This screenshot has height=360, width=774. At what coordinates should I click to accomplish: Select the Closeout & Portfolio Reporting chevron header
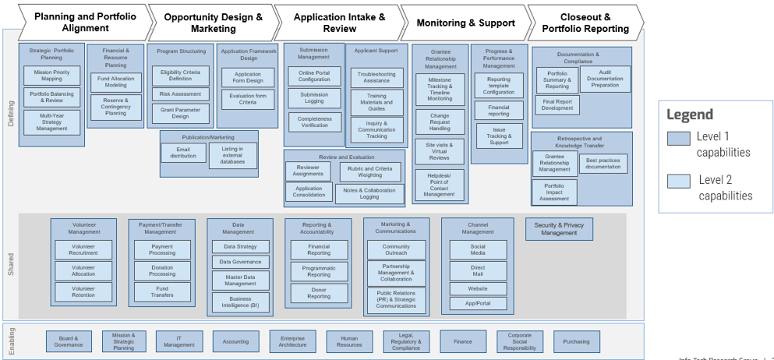tap(585, 23)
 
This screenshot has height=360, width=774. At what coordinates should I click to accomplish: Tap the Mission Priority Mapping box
tap(52, 76)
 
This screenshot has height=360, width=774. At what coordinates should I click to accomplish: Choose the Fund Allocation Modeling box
tap(115, 83)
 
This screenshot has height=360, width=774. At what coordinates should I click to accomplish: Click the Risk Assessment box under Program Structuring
tap(180, 94)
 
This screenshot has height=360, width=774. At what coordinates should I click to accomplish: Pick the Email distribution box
tap(183, 153)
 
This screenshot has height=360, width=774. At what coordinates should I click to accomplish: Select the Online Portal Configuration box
tap(314, 76)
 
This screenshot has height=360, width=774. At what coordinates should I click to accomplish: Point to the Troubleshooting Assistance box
tap(376, 78)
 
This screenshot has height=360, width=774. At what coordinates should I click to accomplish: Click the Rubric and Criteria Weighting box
tap(369, 171)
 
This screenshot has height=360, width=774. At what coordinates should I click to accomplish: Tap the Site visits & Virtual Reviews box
tap(440, 151)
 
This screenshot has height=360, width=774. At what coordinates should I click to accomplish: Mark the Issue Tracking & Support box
tap(499, 136)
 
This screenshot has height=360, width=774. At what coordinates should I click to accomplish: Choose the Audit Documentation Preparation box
tap(605, 79)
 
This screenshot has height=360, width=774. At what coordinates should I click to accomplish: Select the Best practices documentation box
tap(603, 163)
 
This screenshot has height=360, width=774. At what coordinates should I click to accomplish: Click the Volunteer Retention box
tap(83, 291)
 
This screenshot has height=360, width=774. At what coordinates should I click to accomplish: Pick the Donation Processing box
tap(162, 270)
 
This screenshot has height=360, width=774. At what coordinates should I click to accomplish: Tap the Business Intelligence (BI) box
tap(240, 302)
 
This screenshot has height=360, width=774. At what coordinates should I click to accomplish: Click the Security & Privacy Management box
tap(559, 229)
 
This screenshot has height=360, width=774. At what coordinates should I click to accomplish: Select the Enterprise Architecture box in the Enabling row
tap(292, 341)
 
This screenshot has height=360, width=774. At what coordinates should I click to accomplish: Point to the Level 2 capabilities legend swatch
tap(678, 182)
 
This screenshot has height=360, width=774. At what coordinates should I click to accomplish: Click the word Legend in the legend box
tap(690, 115)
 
